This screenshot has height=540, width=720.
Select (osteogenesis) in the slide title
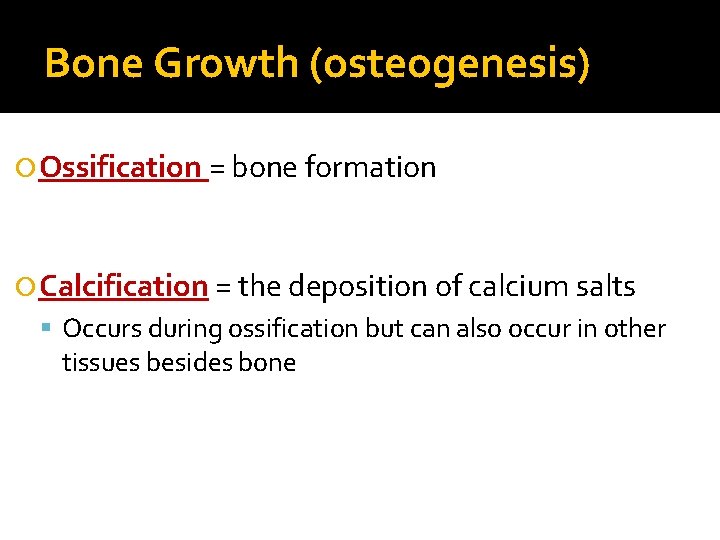click(x=450, y=64)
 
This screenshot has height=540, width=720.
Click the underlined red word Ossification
click(x=121, y=167)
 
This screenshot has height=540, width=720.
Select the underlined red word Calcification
click(x=124, y=286)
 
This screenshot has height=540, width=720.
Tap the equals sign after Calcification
click(x=222, y=287)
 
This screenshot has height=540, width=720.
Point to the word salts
click(x=604, y=286)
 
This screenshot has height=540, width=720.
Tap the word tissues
click(x=100, y=362)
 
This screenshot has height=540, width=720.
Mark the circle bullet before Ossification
click(x=28, y=168)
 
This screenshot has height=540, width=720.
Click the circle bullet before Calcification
click(x=28, y=287)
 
